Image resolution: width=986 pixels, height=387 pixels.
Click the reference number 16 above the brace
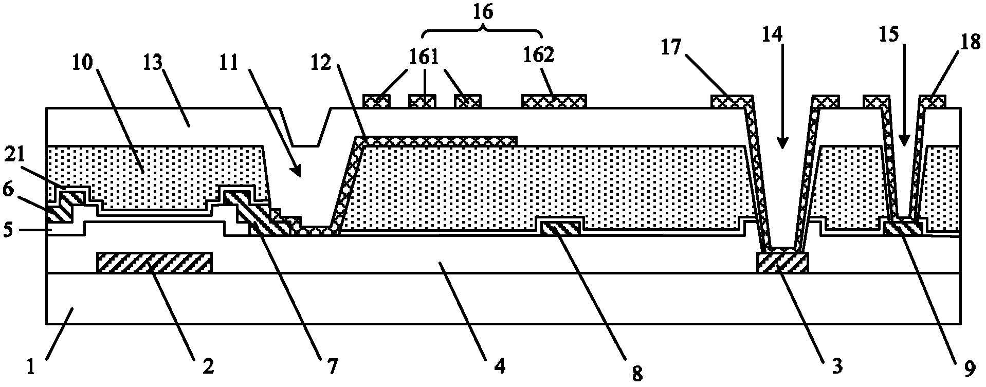(x=482, y=12)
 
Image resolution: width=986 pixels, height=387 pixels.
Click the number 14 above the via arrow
(x=782, y=33)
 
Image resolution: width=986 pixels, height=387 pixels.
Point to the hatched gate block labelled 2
(x=154, y=262)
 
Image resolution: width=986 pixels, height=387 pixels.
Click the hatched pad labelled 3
(x=782, y=263)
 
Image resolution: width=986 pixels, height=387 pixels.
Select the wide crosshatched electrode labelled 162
(x=554, y=101)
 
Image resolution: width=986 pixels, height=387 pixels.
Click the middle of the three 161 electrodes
(x=422, y=101)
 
